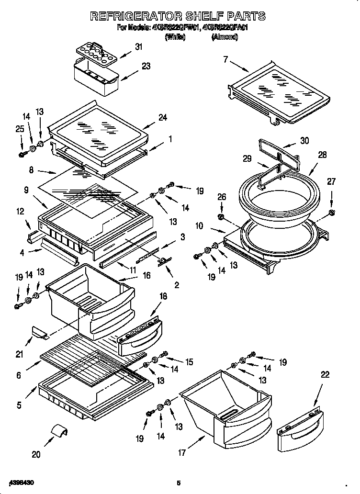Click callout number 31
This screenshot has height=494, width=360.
coord(138,46)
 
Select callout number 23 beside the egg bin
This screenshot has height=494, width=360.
coord(146,66)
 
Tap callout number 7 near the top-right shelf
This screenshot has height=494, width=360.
coord(225,59)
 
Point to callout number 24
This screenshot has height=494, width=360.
coord(163,117)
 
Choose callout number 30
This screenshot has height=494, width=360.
coord(304,141)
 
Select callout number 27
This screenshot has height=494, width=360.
coord(331,181)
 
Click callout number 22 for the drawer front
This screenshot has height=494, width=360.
coord(325,375)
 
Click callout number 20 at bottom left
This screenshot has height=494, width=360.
coord(36,454)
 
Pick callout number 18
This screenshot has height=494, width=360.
coord(163,297)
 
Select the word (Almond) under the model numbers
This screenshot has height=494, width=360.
coord(224,37)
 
